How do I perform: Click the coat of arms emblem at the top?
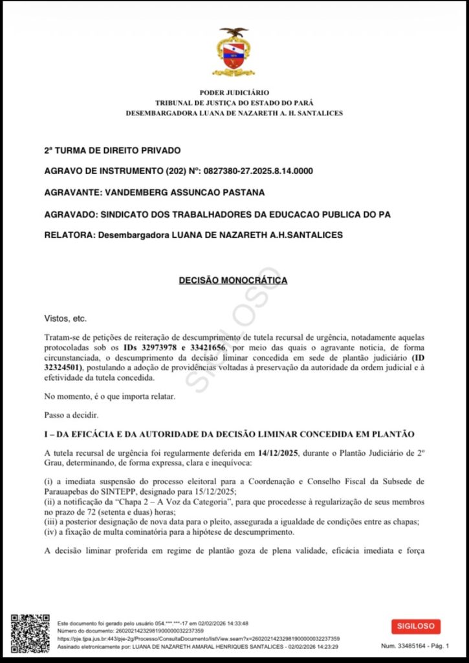(234, 51)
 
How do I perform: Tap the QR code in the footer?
(30, 633)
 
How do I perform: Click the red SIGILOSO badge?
(415, 626)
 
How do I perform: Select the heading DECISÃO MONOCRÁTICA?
(233, 280)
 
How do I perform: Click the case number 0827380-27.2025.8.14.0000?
(258, 171)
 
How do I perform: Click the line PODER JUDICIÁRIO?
(234, 93)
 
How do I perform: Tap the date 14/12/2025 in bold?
(278, 453)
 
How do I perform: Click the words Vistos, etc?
(65, 319)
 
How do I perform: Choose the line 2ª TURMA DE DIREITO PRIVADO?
(112, 150)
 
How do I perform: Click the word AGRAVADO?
(69, 214)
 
